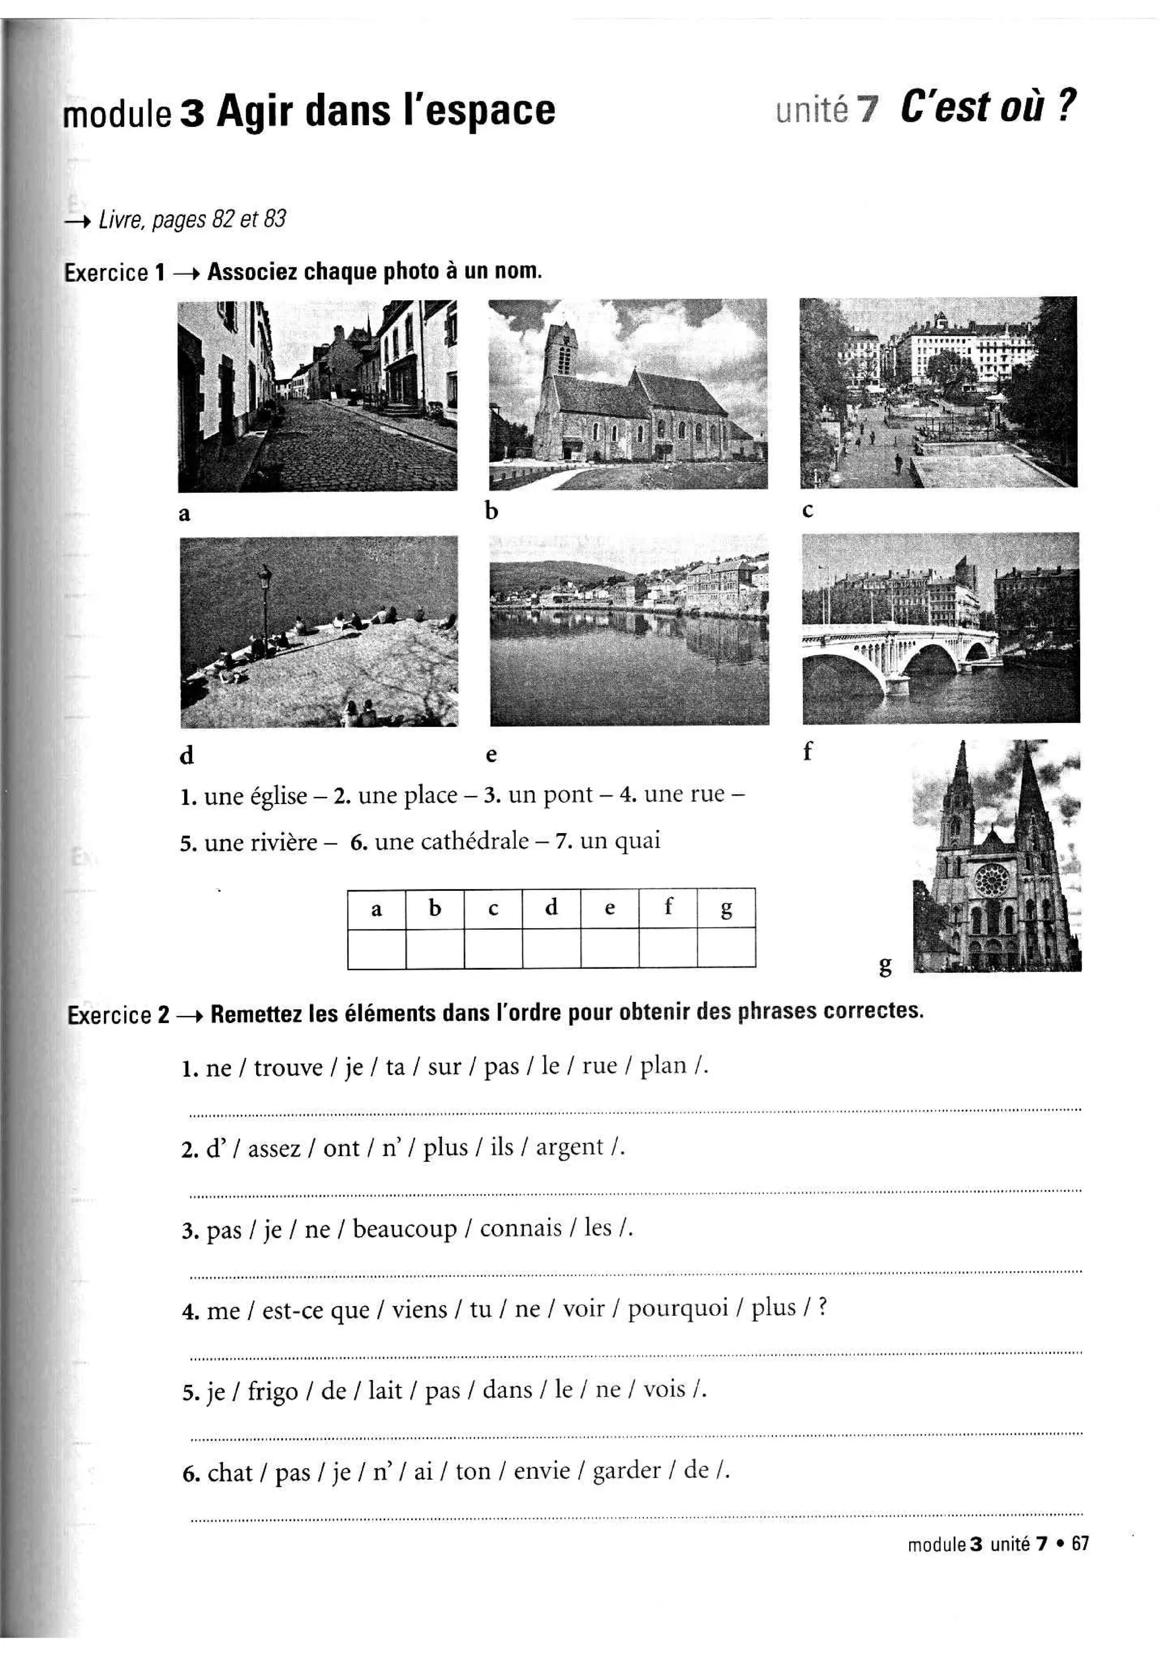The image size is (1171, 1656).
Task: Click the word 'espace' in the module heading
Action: [491, 111]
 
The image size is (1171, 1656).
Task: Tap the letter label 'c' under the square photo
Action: [807, 510]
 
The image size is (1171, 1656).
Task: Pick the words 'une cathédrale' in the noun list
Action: [452, 842]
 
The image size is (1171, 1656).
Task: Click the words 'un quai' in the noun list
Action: [620, 841]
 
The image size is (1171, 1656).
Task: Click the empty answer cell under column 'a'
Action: [376, 949]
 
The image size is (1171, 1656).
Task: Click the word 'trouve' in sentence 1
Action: [288, 1068]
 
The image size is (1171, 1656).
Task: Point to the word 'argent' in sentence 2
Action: [569, 1147]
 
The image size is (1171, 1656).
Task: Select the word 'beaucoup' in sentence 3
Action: [404, 1228]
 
